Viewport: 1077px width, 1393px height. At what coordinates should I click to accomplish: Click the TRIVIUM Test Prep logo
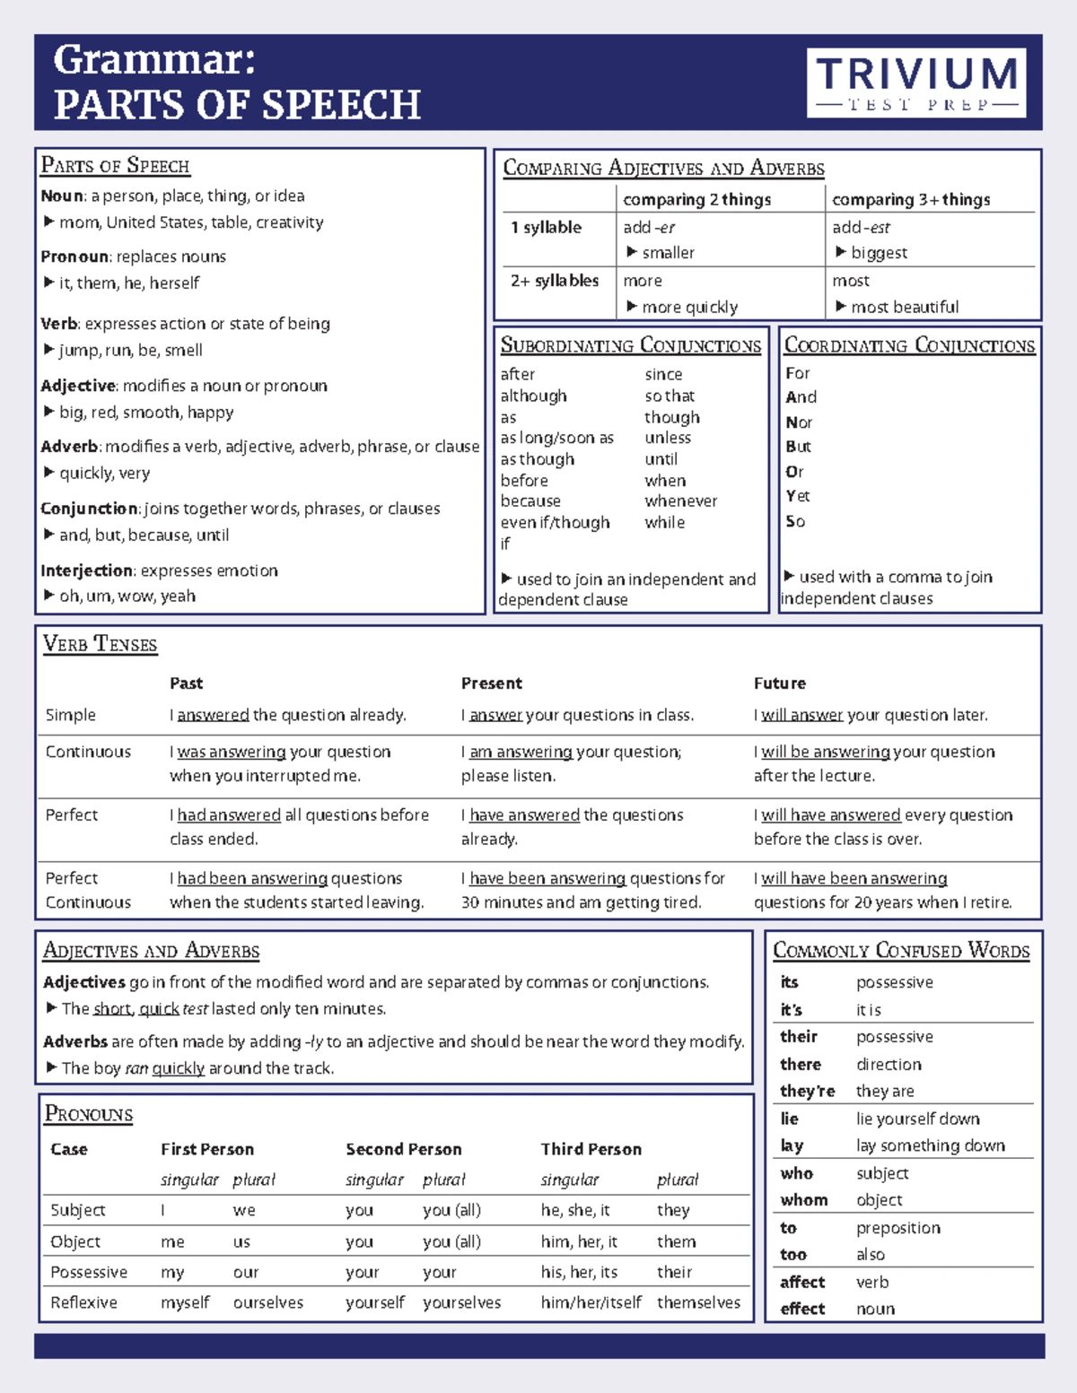coord(916,83)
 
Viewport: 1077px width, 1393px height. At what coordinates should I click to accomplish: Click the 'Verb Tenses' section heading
coord(100,644)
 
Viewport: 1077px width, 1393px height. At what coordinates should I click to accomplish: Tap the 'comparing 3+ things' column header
coord(910,199)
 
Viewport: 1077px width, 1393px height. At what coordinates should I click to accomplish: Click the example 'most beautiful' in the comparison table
coord(904,307)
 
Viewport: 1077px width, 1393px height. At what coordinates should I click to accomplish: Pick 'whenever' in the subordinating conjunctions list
coord(680,501)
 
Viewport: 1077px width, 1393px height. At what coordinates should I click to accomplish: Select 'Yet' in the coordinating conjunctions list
coord(797,496)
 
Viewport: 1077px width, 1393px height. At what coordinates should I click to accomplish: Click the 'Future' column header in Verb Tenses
coord(779,683)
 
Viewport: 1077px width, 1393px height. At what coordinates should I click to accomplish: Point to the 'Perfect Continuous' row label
coord(87,890)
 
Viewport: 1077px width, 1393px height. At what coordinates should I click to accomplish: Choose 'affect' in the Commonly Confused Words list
coord(801,1282)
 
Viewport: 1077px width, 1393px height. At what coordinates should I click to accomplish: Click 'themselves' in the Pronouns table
coord(698,1302)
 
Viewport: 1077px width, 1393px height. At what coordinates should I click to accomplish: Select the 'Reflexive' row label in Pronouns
coord(83,1302)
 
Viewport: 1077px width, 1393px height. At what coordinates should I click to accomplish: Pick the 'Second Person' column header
coord(403,1149)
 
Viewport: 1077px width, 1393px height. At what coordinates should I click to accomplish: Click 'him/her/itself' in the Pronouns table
coord(590,1302)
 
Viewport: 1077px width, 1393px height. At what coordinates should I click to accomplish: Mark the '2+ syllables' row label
coord(554,281)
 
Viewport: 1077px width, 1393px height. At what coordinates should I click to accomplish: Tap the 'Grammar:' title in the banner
coord(154,61)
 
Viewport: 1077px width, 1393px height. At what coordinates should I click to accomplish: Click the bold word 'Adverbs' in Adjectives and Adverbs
coord(75,1041)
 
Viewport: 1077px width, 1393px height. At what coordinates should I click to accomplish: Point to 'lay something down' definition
coord(930,1145)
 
